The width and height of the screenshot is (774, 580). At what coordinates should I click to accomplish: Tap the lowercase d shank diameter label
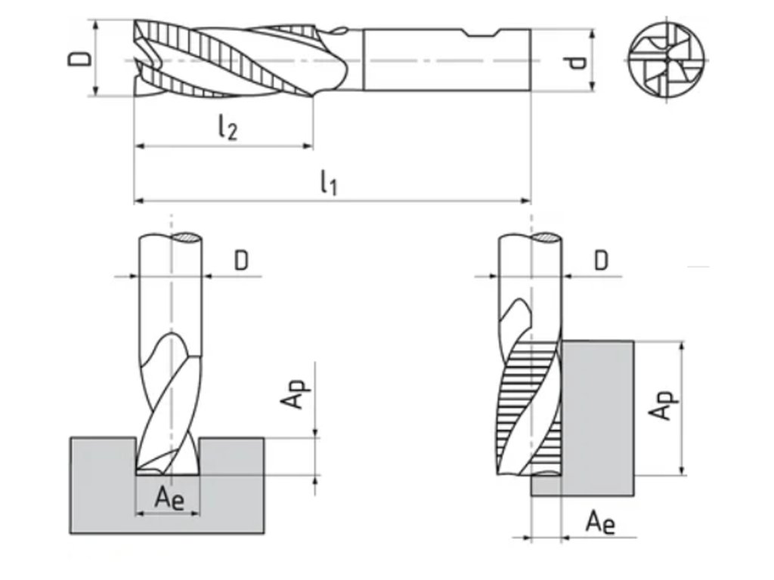point(577,60)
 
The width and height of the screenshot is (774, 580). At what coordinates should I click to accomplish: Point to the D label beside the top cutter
point(82,58)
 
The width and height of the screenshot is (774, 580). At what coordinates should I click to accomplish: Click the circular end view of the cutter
point(667,59)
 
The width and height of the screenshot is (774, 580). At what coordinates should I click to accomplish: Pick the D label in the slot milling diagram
point(241,261)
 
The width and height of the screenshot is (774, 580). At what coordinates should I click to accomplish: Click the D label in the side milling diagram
point(601,261)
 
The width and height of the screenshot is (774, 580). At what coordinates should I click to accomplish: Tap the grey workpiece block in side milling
point(597,408)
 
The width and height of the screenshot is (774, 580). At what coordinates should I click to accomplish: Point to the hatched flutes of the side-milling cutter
point(522,408)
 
